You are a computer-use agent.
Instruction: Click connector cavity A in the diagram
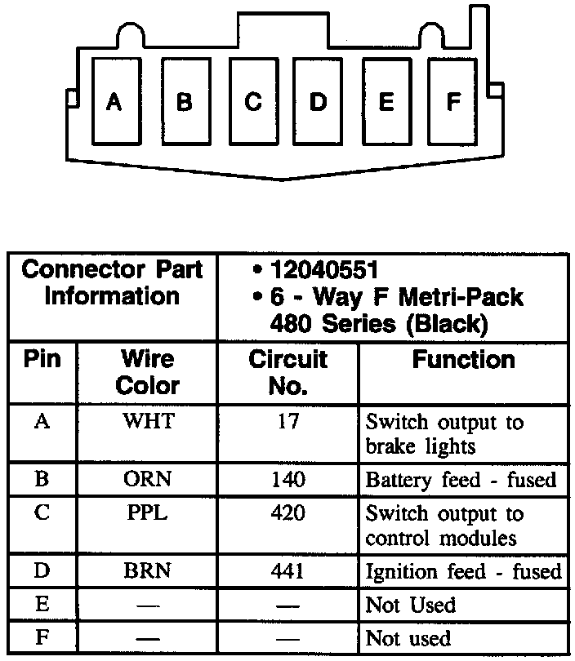[x=114, y=102]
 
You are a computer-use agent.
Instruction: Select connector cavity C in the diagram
[x=253, y=102]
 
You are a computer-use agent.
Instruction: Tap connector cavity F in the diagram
[x=454, y=102]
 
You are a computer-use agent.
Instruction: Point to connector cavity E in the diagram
[x=386, y=102]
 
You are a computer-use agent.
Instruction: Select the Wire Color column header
[x=148, y=372]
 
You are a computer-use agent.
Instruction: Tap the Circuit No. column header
[x=287, y=372]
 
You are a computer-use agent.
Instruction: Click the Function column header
[x=463, y=360]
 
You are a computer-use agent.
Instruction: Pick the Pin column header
[x=42, y=360]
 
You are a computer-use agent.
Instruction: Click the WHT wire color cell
[x=148, y=423]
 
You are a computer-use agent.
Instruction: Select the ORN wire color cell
[x=148, y=479]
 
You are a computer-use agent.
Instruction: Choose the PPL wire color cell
[x=148, y=513]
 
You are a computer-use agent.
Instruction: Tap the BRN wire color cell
[x=148, y=571]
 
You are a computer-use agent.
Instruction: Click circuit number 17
[x=287, y=423]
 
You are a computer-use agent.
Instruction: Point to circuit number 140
[x=287, y=479]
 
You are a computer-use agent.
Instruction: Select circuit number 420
[x=287, y=513]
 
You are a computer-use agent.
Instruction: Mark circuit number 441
[x=287, y=571]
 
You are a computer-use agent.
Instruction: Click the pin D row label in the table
[x=42, y=570]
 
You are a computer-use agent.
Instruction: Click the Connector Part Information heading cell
[x=113, y=282]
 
